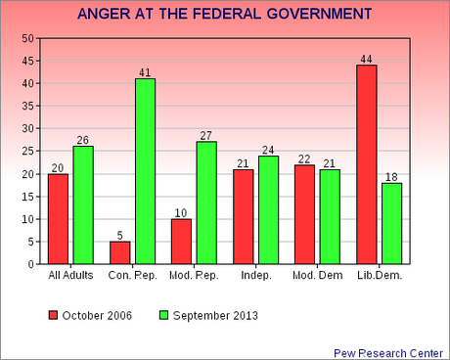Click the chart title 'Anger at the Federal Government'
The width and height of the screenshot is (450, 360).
pyautogui.click(x=224, y=15)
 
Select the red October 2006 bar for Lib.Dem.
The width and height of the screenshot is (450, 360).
pyautogui.click(x=366, y=164)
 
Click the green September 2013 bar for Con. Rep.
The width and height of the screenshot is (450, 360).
pyautogui.click(x=145, y=171)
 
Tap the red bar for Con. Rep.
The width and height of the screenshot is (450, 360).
pyautogui.click(x=119, y=252)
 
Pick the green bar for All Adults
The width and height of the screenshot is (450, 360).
pyautogui.click(x=83, y=205)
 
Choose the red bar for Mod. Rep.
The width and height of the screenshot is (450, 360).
pyautogui.click(x=181, y=242)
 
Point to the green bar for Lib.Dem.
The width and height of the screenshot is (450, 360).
pyautogui.click(x=391, y=223)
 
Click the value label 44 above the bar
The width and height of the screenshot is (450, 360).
pyautogui.click(x=366, y=59)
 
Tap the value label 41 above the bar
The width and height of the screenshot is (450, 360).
pyautogui.click(x=145, y=72)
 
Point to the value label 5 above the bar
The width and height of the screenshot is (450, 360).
pyautogui.click(x=119, y=235)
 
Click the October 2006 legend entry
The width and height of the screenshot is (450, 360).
pyautogui.click(x=88, y=315)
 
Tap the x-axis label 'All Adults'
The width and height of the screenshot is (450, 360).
pyautogui.click(x=70, y=276)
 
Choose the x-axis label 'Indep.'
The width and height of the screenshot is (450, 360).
pyautogui.click(x=255, y=276)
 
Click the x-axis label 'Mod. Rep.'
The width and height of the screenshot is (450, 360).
pyautogui.click(x=194, y=276)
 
